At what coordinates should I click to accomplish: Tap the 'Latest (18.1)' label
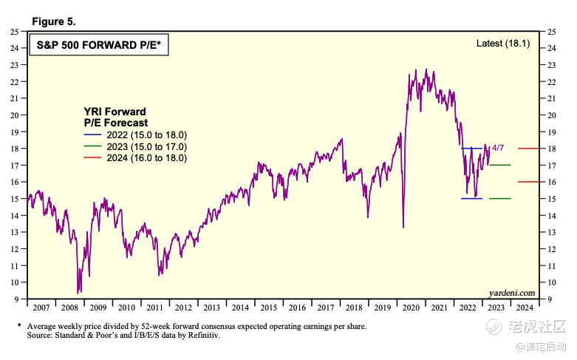[503, 44]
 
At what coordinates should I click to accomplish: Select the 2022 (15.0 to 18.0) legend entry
[135, 135]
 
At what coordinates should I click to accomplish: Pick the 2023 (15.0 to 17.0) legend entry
[135, 146]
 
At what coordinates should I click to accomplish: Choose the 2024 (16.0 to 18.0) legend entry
[135, 157]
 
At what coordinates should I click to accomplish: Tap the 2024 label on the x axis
[523, 307]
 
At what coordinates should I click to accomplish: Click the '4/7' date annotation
[500, 148]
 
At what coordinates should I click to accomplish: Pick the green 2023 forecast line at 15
[499, 198]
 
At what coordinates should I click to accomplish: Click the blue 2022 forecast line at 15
[471, 198]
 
